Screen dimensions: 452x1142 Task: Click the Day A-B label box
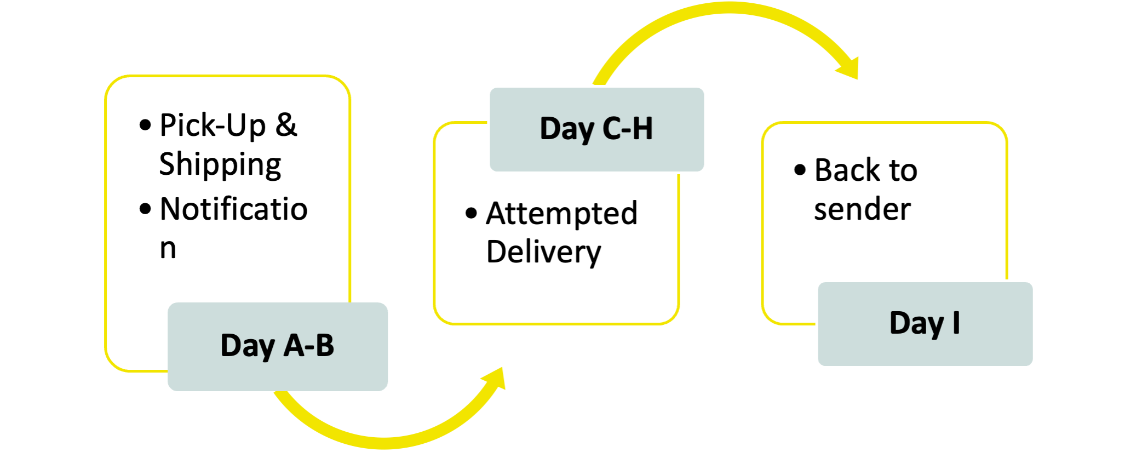278,346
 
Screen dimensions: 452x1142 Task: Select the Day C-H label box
596,129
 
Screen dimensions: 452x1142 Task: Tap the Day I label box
925,324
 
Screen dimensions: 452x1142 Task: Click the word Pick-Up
213,125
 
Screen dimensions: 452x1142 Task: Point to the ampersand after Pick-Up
286,124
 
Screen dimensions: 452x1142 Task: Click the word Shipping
220,164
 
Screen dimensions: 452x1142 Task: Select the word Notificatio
233,209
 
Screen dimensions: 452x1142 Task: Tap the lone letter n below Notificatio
168,248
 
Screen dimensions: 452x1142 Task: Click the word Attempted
561,213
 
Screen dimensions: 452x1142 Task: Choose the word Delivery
543,253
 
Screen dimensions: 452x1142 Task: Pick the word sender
862,209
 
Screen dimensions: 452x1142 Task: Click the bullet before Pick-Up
145,125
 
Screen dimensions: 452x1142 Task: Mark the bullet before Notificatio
145,209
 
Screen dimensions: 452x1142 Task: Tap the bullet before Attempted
471,213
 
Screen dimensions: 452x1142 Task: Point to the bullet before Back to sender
800,170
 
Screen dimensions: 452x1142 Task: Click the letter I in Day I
956,323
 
